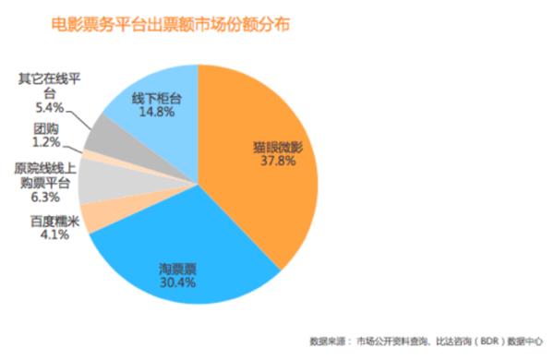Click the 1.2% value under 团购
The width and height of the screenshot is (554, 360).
(46, 143)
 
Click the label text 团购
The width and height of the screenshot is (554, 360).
(46, 128)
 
